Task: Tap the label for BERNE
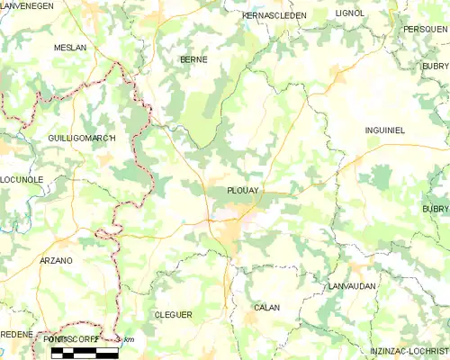(x=193, y=59)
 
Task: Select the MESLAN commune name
(x=69, y=47)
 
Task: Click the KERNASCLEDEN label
(x=274, y=15)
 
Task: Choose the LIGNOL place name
(x=348, y=13)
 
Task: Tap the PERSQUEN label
(x=426, y=29)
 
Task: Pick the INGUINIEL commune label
(x=385, y=130)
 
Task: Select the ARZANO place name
(x=56, y=260)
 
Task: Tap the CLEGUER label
(x=173, y=314)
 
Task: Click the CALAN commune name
(x=267, y=308)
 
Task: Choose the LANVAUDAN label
(x=353, y=285)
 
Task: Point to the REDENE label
(x=16, y=334)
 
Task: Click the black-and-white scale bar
(x=84, y=351)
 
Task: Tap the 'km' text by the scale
(x=129, y=339)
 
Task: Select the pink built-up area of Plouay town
(x=245, y=217)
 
